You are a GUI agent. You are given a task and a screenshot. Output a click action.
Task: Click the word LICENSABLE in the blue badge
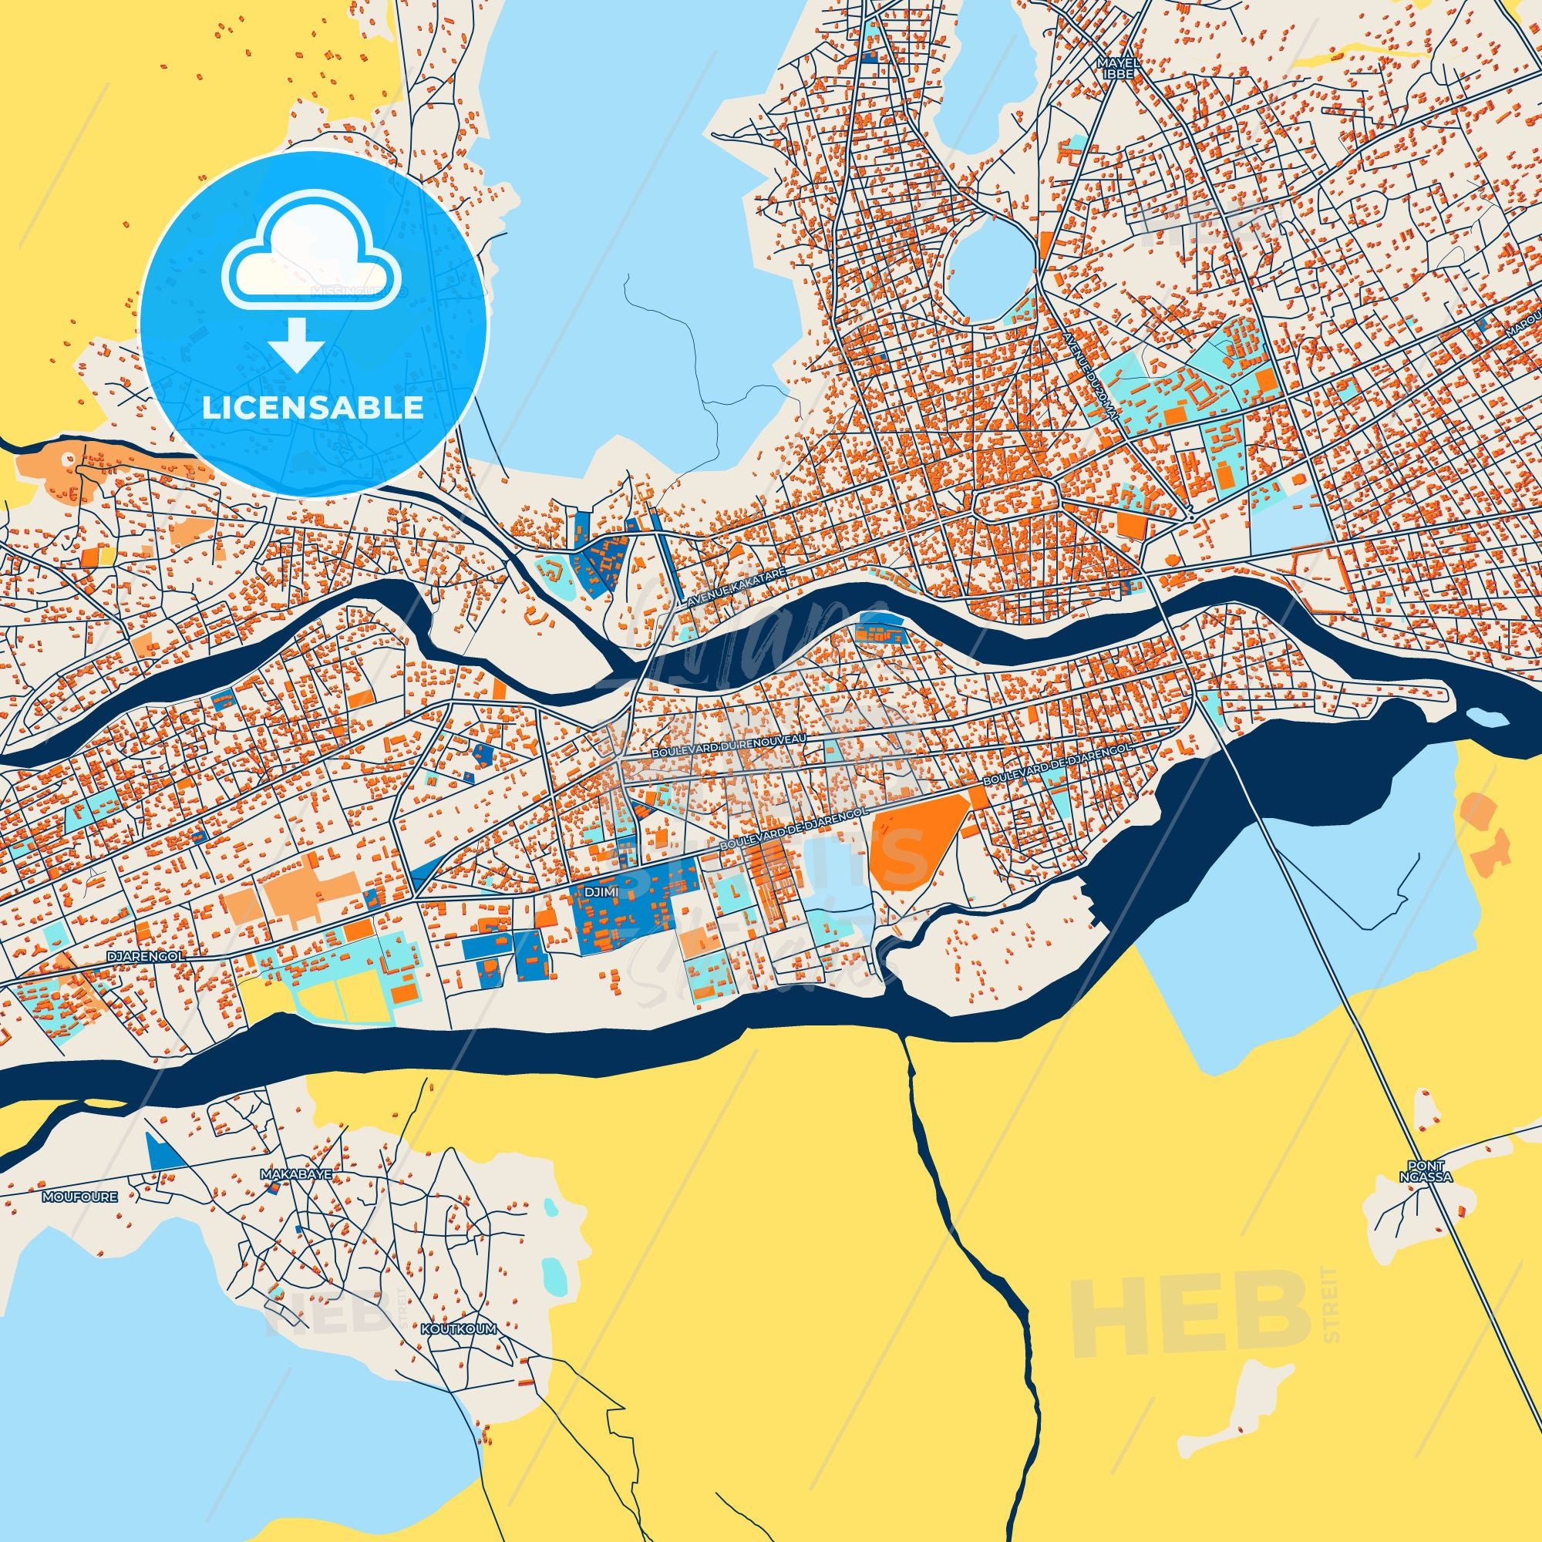point(312,408)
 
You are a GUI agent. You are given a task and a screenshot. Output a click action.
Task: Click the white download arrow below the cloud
point(295,343)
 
